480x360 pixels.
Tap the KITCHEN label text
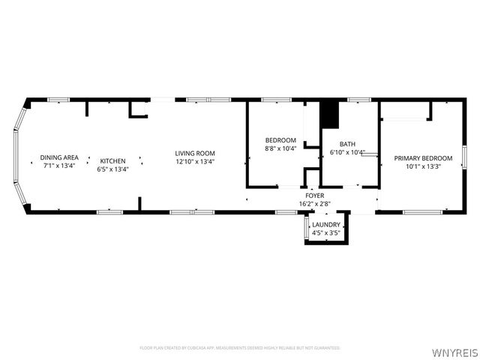click(113, 160)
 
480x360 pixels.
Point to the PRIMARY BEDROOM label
click(424, 158)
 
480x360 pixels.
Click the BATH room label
click(347, 144)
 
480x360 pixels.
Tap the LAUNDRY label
click(327, 224)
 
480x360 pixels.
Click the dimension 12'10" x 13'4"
click(195, 161)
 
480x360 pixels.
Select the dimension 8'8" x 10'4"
click(280, 148)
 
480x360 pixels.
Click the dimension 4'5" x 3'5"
click(327, 232)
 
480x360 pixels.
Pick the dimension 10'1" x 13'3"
click(424, 166)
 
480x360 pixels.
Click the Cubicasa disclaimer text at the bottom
click(240, 348)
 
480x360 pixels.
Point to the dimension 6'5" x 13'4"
click(113, 168)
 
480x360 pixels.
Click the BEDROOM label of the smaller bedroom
click(280, 140)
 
